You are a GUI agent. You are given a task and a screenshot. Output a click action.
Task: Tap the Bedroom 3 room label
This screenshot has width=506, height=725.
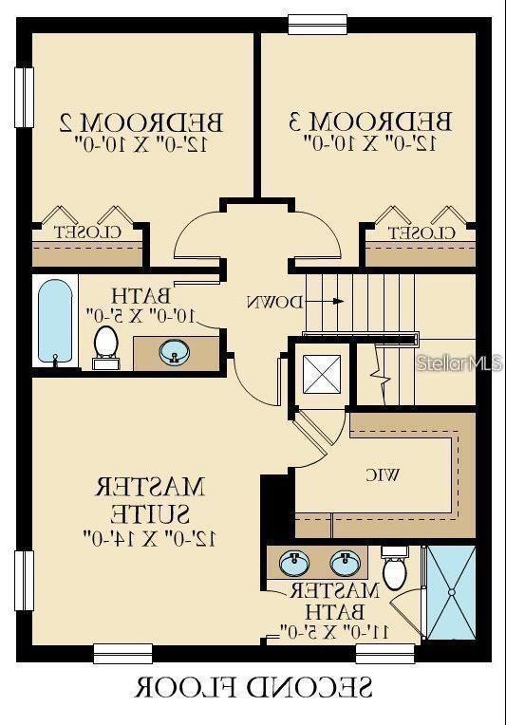(370, 121)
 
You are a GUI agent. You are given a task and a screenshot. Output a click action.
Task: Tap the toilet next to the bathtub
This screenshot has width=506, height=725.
(105, 346)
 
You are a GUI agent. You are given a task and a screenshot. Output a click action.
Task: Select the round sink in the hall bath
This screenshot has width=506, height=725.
(175, 353)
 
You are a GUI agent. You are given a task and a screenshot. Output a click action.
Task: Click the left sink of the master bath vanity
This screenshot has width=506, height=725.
(295, 564)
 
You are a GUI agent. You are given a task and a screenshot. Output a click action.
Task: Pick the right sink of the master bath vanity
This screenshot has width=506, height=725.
(345, 564)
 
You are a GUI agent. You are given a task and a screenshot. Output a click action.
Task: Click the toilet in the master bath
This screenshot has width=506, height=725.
(395, 569)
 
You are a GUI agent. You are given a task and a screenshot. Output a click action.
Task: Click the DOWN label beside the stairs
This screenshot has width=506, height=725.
(275, 302)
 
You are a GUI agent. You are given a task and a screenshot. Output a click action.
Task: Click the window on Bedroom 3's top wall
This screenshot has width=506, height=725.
(317, 24)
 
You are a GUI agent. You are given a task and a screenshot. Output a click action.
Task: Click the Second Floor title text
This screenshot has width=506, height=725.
(253, 686)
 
